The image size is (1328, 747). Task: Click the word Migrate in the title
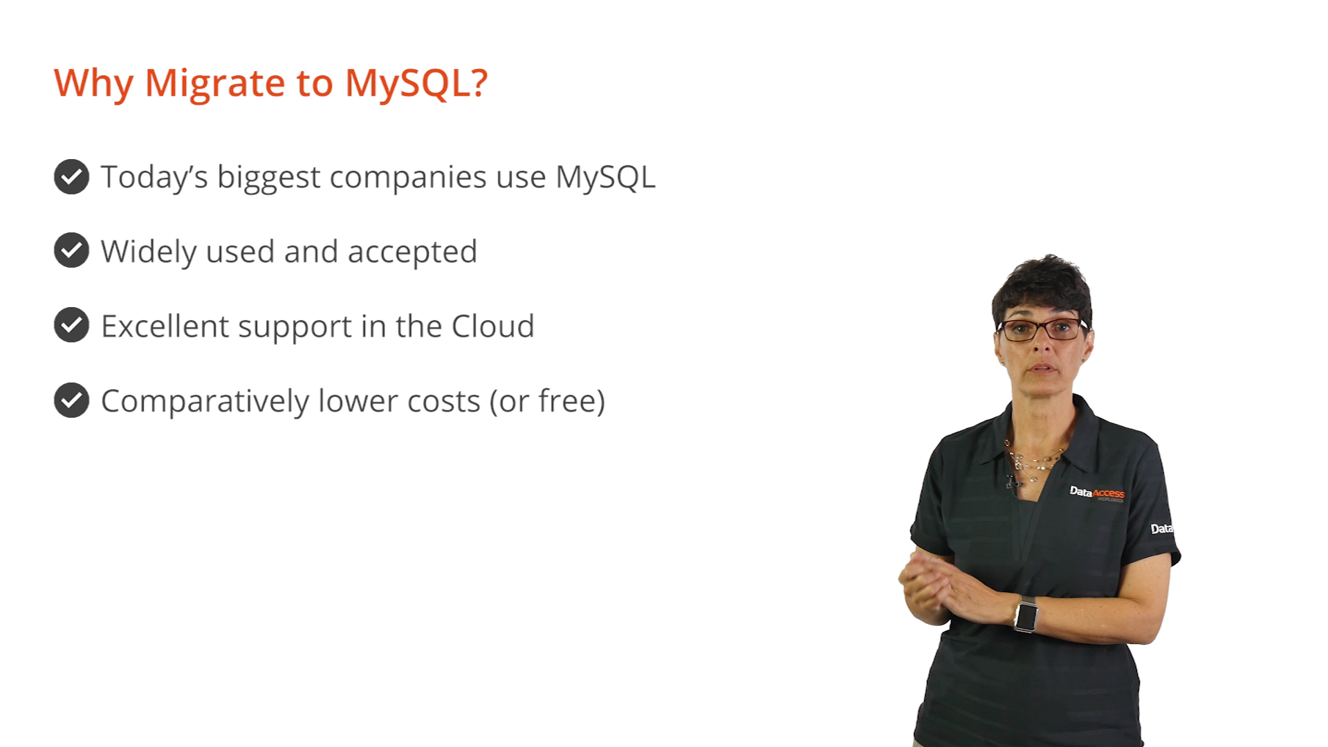pos(215,84)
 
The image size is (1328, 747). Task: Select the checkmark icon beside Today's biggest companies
pos(71,176)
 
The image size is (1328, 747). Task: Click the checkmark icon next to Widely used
pos(71,250)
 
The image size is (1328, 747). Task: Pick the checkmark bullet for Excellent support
pos(71,325)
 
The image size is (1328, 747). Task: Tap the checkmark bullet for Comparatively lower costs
pos(71,400)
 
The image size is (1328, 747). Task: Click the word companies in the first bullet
pos(408,178)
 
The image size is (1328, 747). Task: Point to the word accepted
pos(412,252)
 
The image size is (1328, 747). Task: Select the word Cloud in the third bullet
pos(493,326)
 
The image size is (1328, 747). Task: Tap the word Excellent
pos(165,326)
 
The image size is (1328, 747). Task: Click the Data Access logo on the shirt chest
pos(1097,493)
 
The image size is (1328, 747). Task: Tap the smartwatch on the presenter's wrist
pos(1026,615)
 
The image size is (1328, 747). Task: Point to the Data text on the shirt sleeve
pos(1161,529)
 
